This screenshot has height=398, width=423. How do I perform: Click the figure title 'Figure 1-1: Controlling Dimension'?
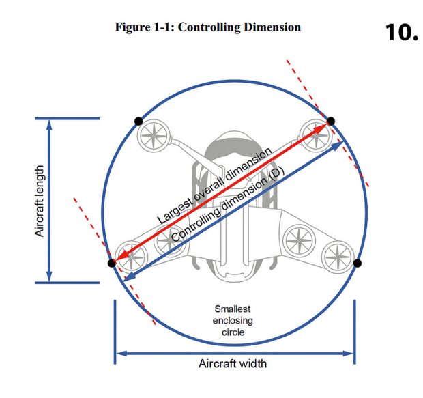207,27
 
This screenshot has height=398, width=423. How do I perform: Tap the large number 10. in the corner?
401,30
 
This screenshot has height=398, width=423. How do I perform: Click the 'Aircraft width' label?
233,363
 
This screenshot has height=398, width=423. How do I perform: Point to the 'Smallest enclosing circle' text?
233,320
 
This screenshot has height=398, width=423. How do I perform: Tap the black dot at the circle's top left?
138,121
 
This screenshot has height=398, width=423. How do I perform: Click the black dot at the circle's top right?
331,122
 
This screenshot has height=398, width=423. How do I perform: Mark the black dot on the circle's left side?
112,263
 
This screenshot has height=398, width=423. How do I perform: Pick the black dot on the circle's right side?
358,263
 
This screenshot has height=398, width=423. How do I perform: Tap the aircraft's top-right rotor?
315,132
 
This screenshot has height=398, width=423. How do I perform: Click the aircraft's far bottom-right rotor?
337,257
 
